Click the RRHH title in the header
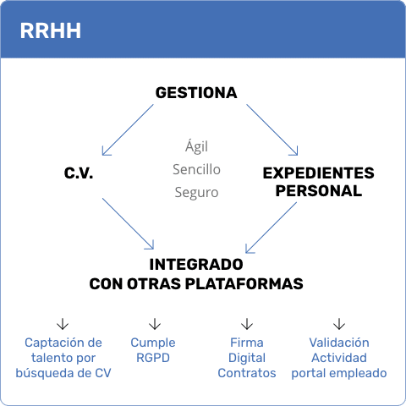[51, 30]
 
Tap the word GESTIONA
[196, 93]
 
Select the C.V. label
[79, 173]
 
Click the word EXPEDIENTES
[319, 173]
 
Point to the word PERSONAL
[319, 191]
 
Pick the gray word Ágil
[196, 146]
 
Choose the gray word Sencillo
[196, 169]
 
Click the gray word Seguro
[196, 193]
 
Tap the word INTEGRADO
[196, 265]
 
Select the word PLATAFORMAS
[244, 284]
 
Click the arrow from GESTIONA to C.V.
[128, 130]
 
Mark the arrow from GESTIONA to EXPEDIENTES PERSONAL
[272, 130]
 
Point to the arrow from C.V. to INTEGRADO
[128, 223]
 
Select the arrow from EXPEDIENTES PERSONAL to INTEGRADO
[272, 228]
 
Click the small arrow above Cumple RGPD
[155, 324]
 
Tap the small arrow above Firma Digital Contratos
[247, 324]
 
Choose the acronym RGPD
[153, 358]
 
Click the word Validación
[339, 343]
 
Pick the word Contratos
[247, 373]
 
